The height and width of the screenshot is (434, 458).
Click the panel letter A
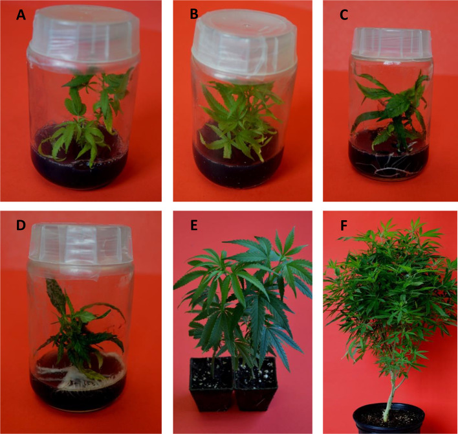(21, 15)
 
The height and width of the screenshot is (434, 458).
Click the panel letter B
(194, 14)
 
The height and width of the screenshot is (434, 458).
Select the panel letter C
(343, 15)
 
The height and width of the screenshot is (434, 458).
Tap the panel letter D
(21, 225)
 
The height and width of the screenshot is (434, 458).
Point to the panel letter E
(193, 225)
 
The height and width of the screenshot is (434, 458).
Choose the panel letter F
(343, 225)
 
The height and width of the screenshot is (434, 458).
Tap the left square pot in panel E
(212, 383)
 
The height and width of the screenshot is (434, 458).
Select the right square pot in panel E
(256, 383)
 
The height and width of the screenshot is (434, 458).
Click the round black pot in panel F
(389, 419)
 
